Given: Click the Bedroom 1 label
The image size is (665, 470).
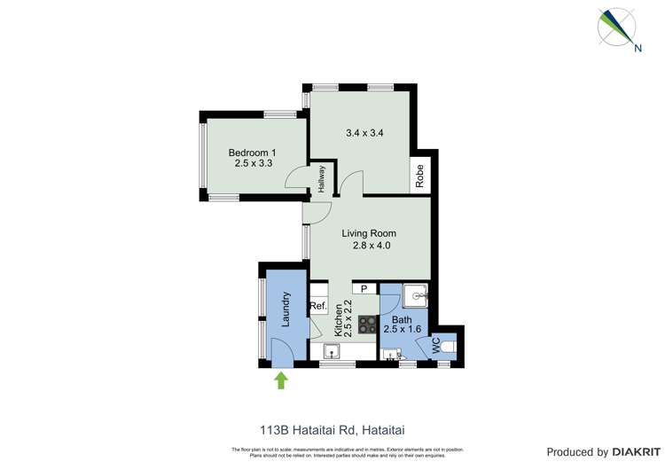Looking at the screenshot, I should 251,153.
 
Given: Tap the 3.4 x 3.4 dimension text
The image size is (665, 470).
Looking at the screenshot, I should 364,134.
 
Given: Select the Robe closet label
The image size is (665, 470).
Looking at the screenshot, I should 420,175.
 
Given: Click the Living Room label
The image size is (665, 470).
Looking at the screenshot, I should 370,234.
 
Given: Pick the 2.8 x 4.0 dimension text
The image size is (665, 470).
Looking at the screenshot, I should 370,246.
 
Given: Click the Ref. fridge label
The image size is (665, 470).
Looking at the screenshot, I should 318,307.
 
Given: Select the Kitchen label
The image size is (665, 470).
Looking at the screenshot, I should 338,317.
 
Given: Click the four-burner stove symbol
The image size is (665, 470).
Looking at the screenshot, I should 367,324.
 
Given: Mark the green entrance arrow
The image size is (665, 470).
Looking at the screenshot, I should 282,380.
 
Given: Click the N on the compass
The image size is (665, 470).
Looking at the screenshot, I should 638,49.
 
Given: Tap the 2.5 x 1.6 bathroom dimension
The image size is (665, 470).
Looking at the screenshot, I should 402,329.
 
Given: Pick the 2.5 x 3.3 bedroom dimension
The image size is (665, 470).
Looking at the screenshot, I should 251,163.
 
